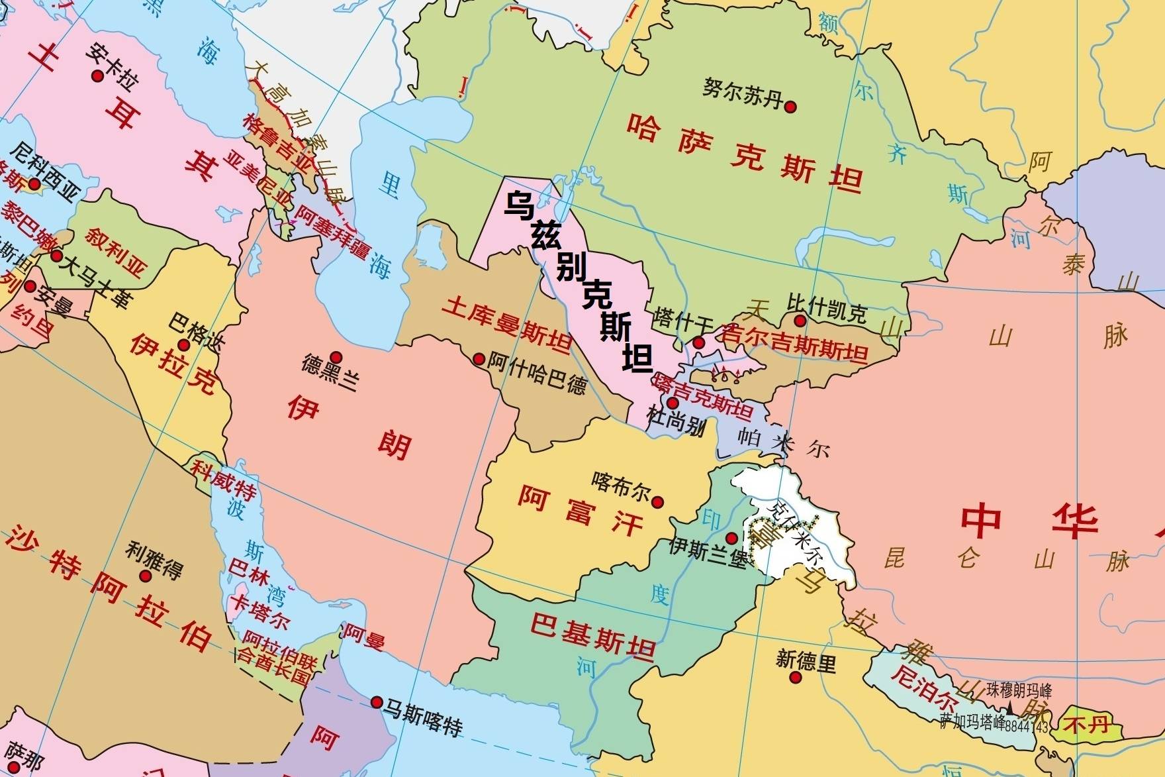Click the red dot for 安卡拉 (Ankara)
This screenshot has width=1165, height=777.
pos(97,76)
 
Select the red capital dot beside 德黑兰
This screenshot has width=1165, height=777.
pos(336,357)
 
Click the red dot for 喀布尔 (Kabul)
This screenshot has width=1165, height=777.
pos(657,502)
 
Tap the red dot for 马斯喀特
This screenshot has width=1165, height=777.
pos(377,702)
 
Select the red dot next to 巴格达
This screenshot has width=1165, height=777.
pos(183,345)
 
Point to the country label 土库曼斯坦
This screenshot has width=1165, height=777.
pos(506,324)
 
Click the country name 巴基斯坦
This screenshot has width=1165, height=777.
pos(592,633)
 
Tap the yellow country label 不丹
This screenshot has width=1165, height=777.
pos(1089,725)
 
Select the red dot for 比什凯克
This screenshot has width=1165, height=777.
pos(800,321)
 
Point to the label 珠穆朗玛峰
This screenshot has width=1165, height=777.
pos(1019,690)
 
